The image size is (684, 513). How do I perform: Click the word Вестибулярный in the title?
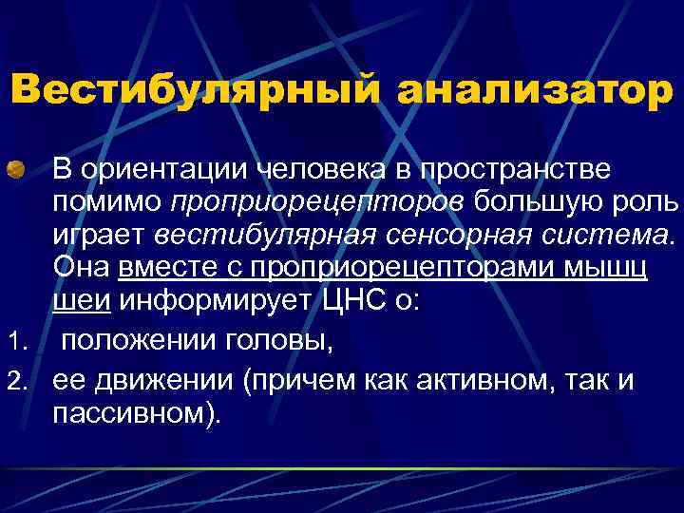[x=195, y=91]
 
